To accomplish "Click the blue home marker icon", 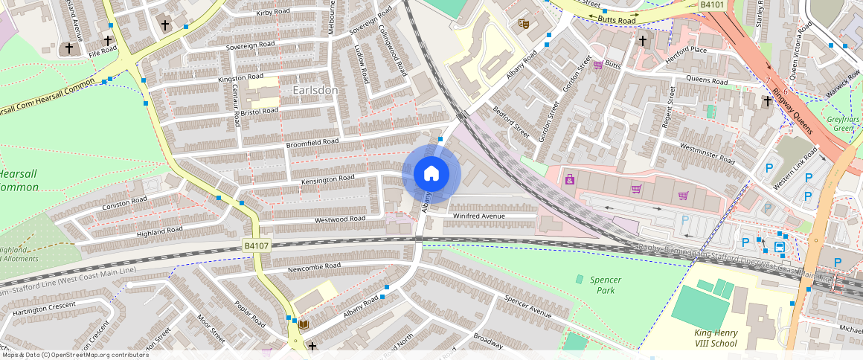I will (431, 174).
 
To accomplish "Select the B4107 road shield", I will (256, 245).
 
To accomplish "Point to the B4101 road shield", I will (712, 5).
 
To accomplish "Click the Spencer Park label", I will (605, 285).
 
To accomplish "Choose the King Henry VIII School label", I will (715, 338).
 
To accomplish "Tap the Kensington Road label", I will (327, 179).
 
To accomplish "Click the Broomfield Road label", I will (312, 141).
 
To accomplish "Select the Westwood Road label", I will (340, 219).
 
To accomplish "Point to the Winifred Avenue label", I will (479, 216).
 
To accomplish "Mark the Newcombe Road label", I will (315, 266).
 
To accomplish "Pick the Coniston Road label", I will (125, 202).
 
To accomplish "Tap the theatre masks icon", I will (523, 24).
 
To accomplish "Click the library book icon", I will (303, 324).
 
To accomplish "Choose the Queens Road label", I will (706, 80).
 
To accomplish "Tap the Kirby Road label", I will (272, 13).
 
